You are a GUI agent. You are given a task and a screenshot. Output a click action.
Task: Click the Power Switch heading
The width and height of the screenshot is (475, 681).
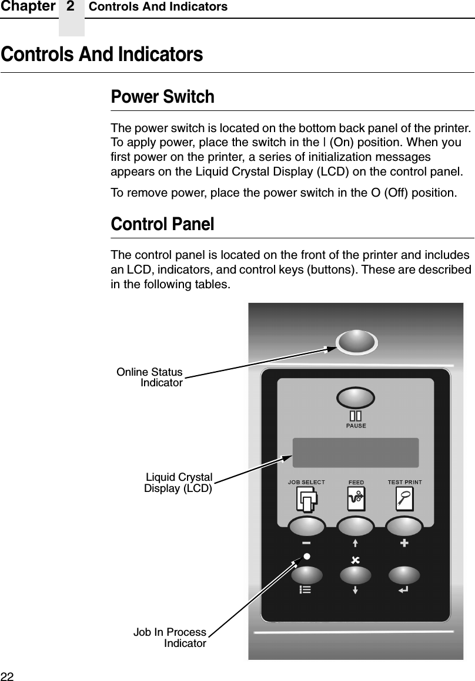163,97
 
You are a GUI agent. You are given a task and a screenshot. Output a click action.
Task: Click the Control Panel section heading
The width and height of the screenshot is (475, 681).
163,224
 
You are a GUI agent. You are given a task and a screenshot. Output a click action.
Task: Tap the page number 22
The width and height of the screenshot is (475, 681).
6,675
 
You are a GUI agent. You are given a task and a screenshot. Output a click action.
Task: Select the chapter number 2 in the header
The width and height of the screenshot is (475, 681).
71,7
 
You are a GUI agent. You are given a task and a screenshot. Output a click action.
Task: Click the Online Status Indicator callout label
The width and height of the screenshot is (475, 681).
150,377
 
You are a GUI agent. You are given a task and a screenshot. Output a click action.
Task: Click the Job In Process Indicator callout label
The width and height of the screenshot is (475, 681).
170,638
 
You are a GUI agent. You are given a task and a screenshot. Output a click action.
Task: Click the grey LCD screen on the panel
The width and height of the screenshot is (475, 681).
356,453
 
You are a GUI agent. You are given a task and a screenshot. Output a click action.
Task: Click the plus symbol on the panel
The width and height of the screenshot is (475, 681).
404,543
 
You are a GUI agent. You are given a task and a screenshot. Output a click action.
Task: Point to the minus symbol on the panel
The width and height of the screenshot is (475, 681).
306,543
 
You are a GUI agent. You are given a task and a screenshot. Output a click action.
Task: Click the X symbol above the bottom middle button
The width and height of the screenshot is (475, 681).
354,559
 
